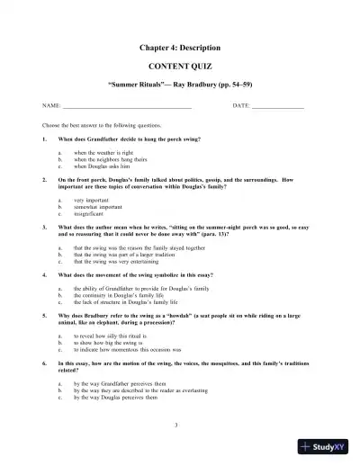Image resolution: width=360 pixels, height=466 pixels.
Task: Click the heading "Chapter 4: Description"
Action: pyautogui.click(x=180, y=46)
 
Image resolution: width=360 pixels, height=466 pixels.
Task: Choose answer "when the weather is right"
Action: pyautogui.click(x=107, y=154)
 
